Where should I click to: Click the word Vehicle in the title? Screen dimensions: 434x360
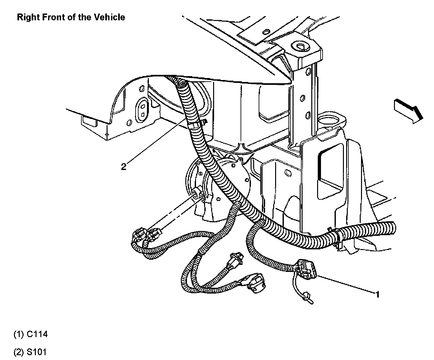click(x=109, y=17)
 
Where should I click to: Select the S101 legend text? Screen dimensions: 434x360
click(x=36, y=352)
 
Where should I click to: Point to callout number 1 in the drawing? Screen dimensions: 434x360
click(x=377, y=294)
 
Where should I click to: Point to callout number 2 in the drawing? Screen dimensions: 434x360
click(x=123, y=167)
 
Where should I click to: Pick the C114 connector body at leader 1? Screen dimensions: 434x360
click(x=306, y=268)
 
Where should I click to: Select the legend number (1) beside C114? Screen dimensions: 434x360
click(x=18, y=334)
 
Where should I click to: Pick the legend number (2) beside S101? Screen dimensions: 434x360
click(x=18, y=352)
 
